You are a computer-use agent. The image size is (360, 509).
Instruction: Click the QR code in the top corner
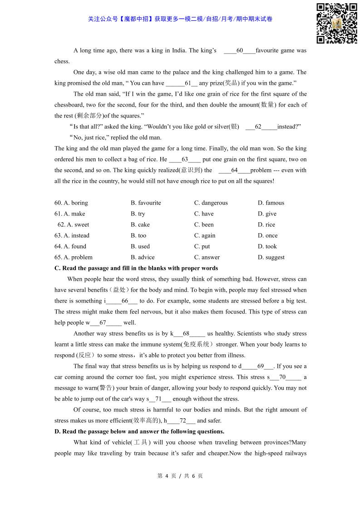(x=336, y=23)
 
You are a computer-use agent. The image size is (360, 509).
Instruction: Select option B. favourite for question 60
(x=146, y=203)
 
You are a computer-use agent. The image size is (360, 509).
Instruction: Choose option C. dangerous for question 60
(x=211, y=203)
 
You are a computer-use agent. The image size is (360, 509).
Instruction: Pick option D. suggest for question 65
(x=271, y=257)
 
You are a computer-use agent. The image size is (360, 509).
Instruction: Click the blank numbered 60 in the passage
(x=240, y=51)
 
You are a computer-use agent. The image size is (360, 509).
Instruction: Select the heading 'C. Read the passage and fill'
(x=136, y=268)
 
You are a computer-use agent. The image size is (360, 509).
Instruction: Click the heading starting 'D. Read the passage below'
(x=139, y=431)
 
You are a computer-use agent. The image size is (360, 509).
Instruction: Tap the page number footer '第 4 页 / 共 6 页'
(x=180, y=476)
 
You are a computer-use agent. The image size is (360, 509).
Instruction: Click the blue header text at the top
(x=180, y=19)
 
